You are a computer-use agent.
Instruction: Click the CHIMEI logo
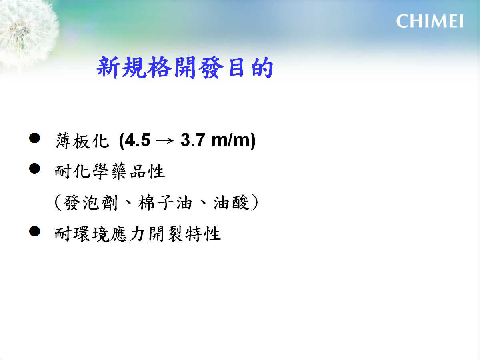(x=430, y=21)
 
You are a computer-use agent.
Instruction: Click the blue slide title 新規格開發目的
(x=185, y=68)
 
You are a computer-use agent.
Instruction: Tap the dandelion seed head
(x=26, y=33)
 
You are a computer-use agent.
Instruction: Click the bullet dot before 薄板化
(x=34, y=138)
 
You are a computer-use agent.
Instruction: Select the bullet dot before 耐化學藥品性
(x=34, y=168)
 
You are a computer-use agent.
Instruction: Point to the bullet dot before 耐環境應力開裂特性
(x=34, y=231)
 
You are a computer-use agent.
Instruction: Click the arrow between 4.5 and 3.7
(x=165, y=141)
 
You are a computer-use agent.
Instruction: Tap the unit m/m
(x=231, y=140)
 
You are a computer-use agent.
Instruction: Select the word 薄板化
(x=82, y=140)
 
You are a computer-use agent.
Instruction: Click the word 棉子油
(x=165, y=203)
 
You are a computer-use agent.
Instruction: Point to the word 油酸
(x=231, y=203)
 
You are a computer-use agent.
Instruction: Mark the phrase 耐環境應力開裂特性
(x=138, y=234)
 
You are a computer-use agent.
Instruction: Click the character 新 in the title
(x=108, y=68)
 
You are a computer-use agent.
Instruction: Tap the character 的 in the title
(x=262, y=68)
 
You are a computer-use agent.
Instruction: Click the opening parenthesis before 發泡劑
(x=58, y=203)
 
